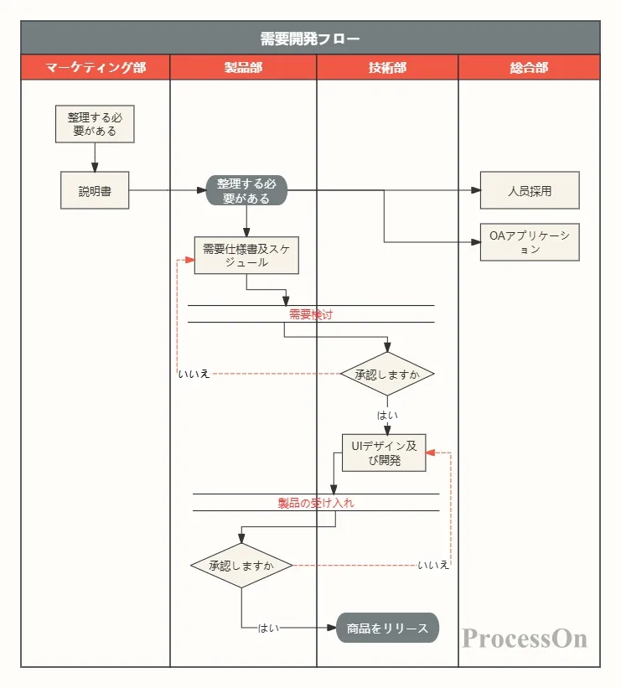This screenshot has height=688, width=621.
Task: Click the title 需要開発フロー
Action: (310, 39)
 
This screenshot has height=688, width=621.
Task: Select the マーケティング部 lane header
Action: (96, 68)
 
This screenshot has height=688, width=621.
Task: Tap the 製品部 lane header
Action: (243, 68)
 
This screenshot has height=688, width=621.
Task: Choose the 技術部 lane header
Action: (387, 68)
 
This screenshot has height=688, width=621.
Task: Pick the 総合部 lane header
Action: (529, 68)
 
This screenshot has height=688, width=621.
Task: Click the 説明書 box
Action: (95, 191)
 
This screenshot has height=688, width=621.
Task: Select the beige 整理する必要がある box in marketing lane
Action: (95, 124)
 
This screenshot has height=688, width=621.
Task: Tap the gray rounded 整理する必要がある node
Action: (246, 191)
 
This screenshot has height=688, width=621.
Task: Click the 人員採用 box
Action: (530, 191)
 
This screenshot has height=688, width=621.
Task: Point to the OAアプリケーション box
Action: (530, 242)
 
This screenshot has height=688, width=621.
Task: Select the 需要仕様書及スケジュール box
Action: (246, 256)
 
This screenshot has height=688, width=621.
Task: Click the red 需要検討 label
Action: (311, 314)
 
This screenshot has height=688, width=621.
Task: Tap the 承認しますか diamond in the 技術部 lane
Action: (387, 374)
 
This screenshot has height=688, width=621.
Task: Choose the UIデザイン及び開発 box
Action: (383, 453)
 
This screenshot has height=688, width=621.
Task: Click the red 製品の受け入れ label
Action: (316, 503)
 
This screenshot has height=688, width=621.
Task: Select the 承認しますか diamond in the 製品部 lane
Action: (241, 566)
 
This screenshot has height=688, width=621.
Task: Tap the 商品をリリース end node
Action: (387, 628)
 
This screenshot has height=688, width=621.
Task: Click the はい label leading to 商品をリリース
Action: (268, 628)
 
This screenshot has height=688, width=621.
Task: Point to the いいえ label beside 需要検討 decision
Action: (193, 374)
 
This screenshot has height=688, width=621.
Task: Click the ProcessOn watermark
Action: (525, 639)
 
